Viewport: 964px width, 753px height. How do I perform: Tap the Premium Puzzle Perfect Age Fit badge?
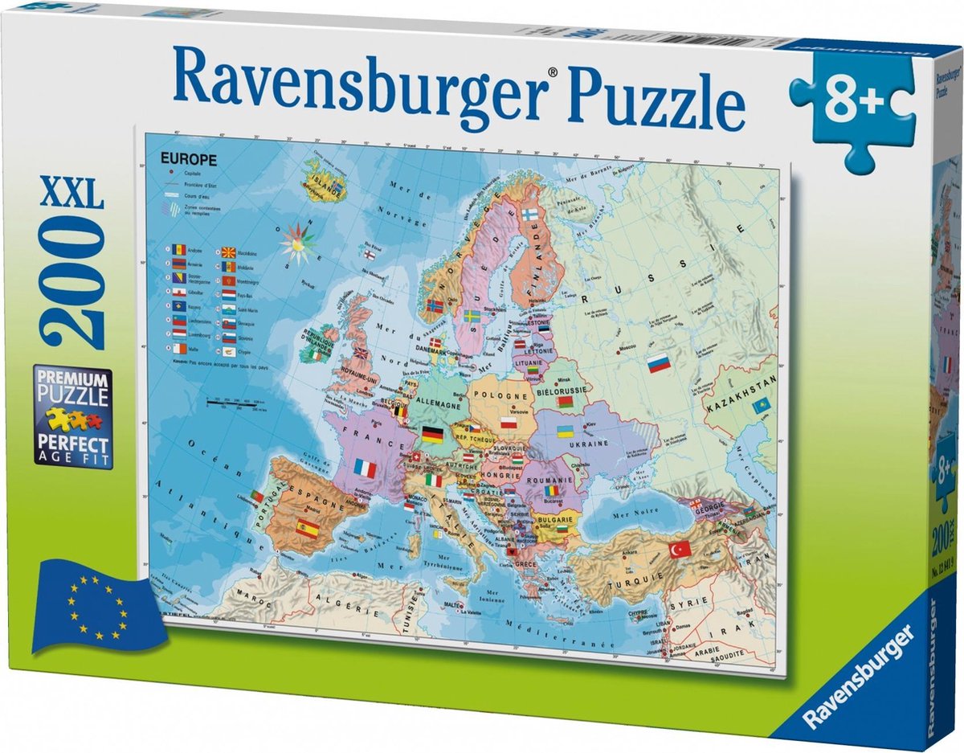click(71, 418)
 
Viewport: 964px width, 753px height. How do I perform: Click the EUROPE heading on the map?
click(189, 160)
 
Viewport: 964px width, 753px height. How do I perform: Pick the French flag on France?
click(366, 468)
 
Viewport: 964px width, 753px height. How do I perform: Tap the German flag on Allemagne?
click(432, 435)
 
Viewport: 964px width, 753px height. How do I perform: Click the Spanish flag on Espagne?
click(308, 527)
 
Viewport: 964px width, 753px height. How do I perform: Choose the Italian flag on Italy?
click(434, 480)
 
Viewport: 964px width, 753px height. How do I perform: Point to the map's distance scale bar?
click(238, 402)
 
